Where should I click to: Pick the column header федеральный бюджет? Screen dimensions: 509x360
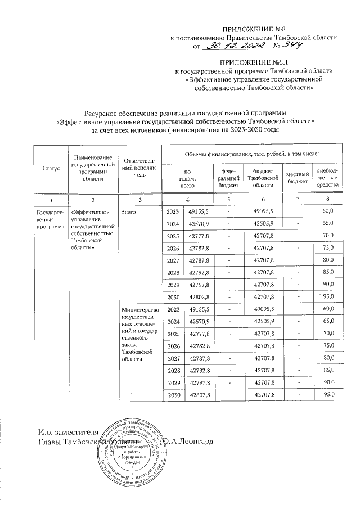231,177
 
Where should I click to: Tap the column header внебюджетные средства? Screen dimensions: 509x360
328,177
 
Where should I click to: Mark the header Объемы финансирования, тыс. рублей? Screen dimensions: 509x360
252,154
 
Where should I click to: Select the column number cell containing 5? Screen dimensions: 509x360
229,200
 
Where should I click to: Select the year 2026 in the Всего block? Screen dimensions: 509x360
173,248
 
